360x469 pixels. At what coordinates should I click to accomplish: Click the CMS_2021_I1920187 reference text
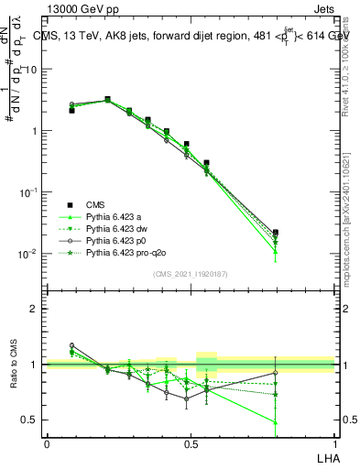tap(191, 274)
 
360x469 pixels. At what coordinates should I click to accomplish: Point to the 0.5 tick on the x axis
tap(191, 443)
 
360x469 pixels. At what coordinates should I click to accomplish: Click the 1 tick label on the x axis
tap(334, 443)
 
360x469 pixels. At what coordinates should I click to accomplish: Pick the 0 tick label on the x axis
tap(47, 443)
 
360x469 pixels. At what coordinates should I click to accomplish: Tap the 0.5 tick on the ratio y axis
tap(33, 420)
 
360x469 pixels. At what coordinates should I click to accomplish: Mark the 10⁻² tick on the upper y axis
tap(30, 254)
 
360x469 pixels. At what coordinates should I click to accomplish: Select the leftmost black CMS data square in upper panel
tap(71, 110)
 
